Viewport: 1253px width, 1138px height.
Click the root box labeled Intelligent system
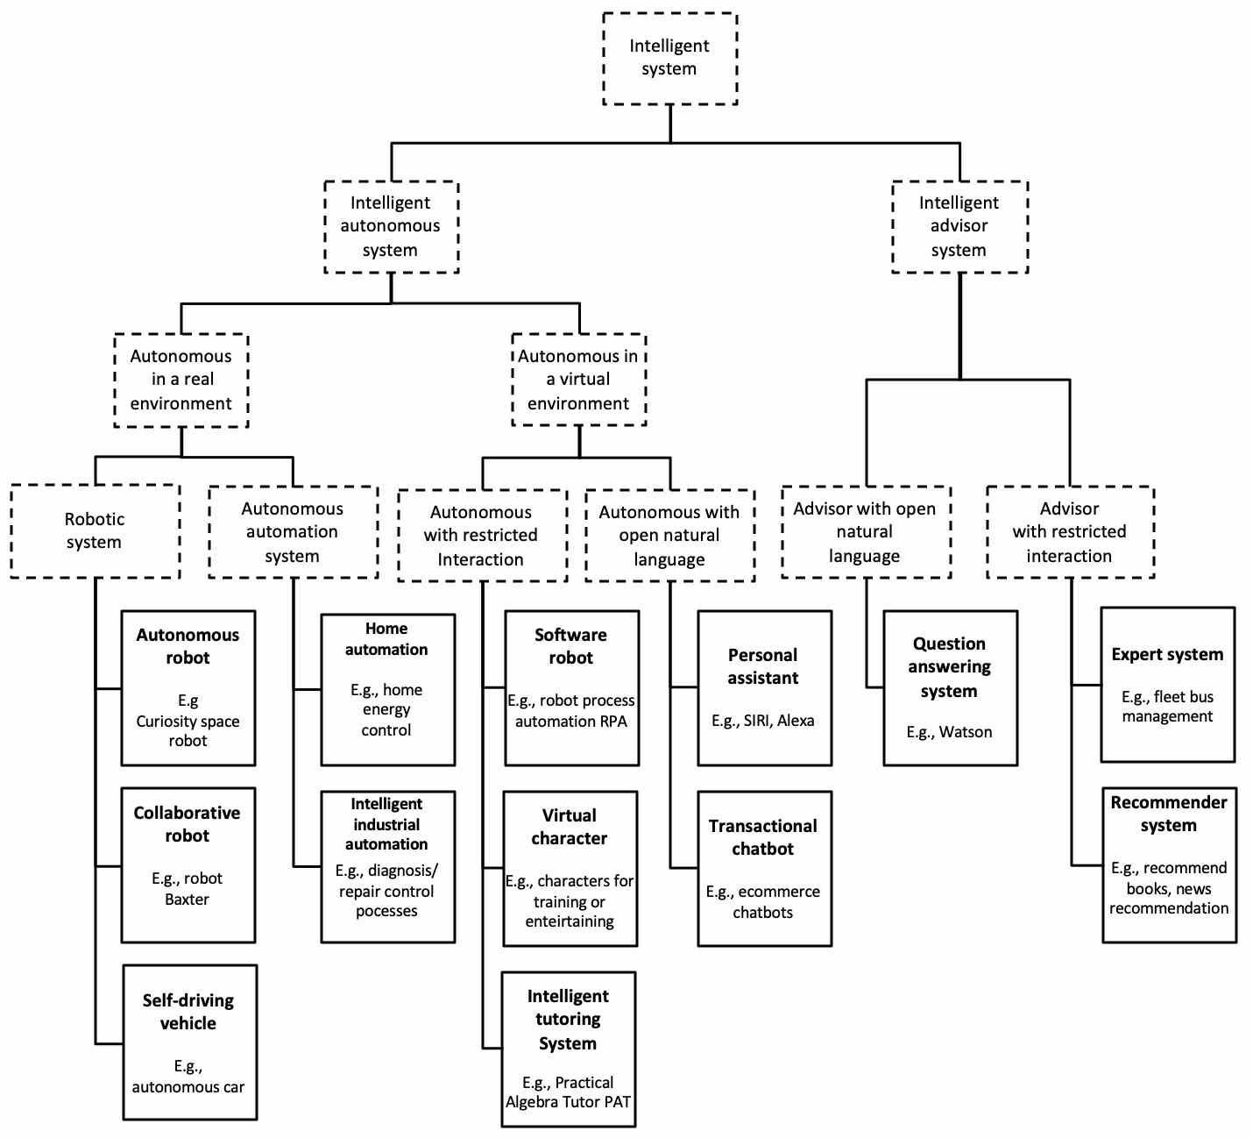[669, 58]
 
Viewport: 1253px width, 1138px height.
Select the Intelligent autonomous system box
[391, 226]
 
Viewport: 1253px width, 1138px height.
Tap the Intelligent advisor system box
[959, 226]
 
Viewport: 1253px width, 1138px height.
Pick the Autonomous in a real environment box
[181, 380]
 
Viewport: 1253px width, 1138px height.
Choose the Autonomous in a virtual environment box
[578, 380]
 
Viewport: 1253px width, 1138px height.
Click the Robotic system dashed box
[95, 530]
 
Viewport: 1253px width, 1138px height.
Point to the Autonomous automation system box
[293, 532]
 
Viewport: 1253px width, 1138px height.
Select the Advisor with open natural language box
[865, 532]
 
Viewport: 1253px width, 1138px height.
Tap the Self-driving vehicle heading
[188, 1012]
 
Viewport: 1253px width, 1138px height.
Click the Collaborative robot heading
[188, 824]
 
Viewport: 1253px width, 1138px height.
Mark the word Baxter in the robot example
[187, 900]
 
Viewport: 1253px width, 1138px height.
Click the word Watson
[966, 732]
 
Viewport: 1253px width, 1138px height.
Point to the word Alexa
[796, 721]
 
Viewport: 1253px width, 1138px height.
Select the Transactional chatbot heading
[763, 837]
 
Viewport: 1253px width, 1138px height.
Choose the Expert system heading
[1167, 654]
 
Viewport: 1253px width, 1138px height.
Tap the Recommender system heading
[1169, 814]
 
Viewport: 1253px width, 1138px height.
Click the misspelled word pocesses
[386, 912]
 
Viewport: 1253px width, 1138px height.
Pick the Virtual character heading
[570, 827]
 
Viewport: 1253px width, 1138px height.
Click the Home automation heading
[386, 639]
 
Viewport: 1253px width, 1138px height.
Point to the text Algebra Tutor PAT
[568, 1102]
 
